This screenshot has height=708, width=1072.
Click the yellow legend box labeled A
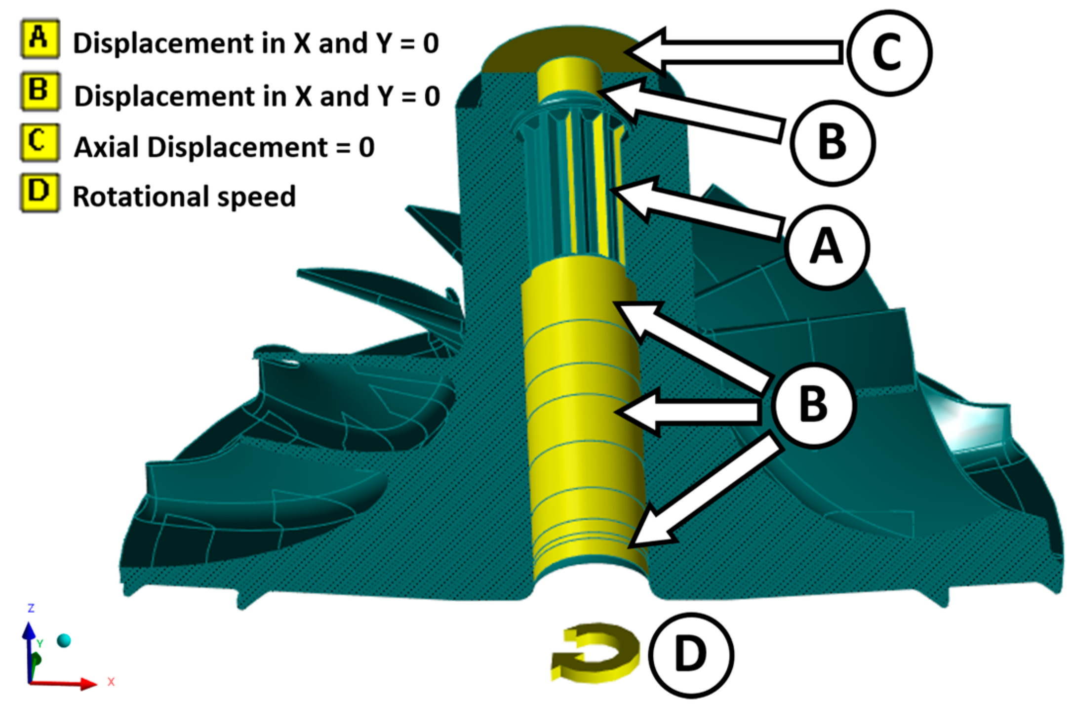(x=40, y=39)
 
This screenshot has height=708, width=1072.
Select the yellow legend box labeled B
(x=40, y=91)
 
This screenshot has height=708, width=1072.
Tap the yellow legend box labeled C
(x=40, y=143)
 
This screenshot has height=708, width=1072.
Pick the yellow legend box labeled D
(x=40, y=193)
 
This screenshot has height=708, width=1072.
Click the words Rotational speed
(x=184, y=197)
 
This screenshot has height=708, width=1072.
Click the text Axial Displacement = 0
(x=224, y=147)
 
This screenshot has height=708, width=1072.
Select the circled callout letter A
(x=827, y=247)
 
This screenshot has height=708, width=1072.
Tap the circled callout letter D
(x=690, y=654)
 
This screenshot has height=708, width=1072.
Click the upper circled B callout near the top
(x=832, y=143)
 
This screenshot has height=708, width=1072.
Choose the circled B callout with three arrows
(x=813, y=405)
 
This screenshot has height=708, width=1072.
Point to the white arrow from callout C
(x=731, y=52)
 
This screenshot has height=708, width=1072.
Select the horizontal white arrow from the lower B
(x=686, y=412)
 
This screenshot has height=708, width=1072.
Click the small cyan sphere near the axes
(x=64, y=640)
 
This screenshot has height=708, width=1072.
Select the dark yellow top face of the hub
(x=558, y=49)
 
